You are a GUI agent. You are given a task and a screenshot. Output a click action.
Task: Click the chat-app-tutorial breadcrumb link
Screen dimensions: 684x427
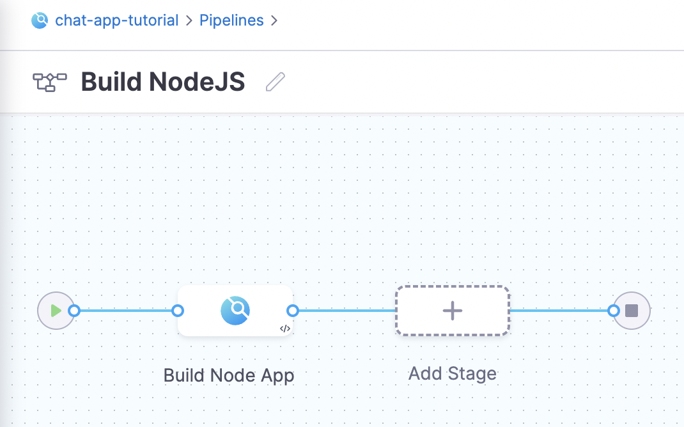tap(116, 20)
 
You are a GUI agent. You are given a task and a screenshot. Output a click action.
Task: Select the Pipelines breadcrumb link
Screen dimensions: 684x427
tap(231, 20)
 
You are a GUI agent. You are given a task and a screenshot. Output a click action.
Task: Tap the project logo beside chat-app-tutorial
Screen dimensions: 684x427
tap(40, 20)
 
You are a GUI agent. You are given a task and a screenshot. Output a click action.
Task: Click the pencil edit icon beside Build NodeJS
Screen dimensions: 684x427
tap(276, 82)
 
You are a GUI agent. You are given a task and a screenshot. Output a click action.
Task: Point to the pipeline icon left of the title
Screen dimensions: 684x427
tap(50, 82)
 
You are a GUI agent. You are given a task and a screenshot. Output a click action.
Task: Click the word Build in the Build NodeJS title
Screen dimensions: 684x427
tap(111, 82)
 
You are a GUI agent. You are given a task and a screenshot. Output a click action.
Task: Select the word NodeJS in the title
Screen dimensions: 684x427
tap(197, 82)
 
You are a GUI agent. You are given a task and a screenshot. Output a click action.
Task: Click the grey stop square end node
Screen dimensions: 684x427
tap(632, 311)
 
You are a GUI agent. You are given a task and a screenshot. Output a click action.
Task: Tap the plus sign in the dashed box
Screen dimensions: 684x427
tap(453, 311)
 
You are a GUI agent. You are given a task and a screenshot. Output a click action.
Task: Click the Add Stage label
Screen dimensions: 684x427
tap(453, 374)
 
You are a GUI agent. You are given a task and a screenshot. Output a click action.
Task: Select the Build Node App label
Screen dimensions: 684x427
tap(229, 375)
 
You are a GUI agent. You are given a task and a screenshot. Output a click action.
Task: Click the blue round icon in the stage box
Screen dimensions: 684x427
tap(235, 311)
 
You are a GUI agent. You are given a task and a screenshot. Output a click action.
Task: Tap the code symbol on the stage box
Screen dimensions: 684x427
tap(285, 329)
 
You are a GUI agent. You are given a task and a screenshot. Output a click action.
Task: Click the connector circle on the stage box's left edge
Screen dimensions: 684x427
tap(178, 311)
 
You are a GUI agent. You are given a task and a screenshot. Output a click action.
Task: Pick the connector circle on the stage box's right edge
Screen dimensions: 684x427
tap(293, 311)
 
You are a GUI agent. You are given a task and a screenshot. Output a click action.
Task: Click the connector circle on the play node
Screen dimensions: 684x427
tap(75, 311)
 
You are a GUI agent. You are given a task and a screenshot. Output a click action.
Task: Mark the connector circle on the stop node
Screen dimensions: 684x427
tap(613, 311)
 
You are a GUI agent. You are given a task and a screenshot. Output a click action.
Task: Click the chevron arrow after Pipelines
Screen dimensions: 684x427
tap(274, 20)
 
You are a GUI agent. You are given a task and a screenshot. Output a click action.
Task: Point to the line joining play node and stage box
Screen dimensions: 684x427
tap(126, 311)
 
